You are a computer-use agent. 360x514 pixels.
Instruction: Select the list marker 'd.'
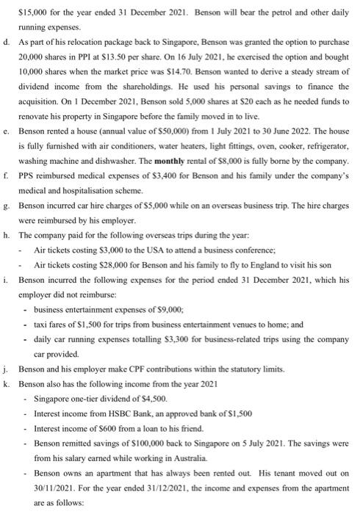pyautogui.click(x=7, y=46)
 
